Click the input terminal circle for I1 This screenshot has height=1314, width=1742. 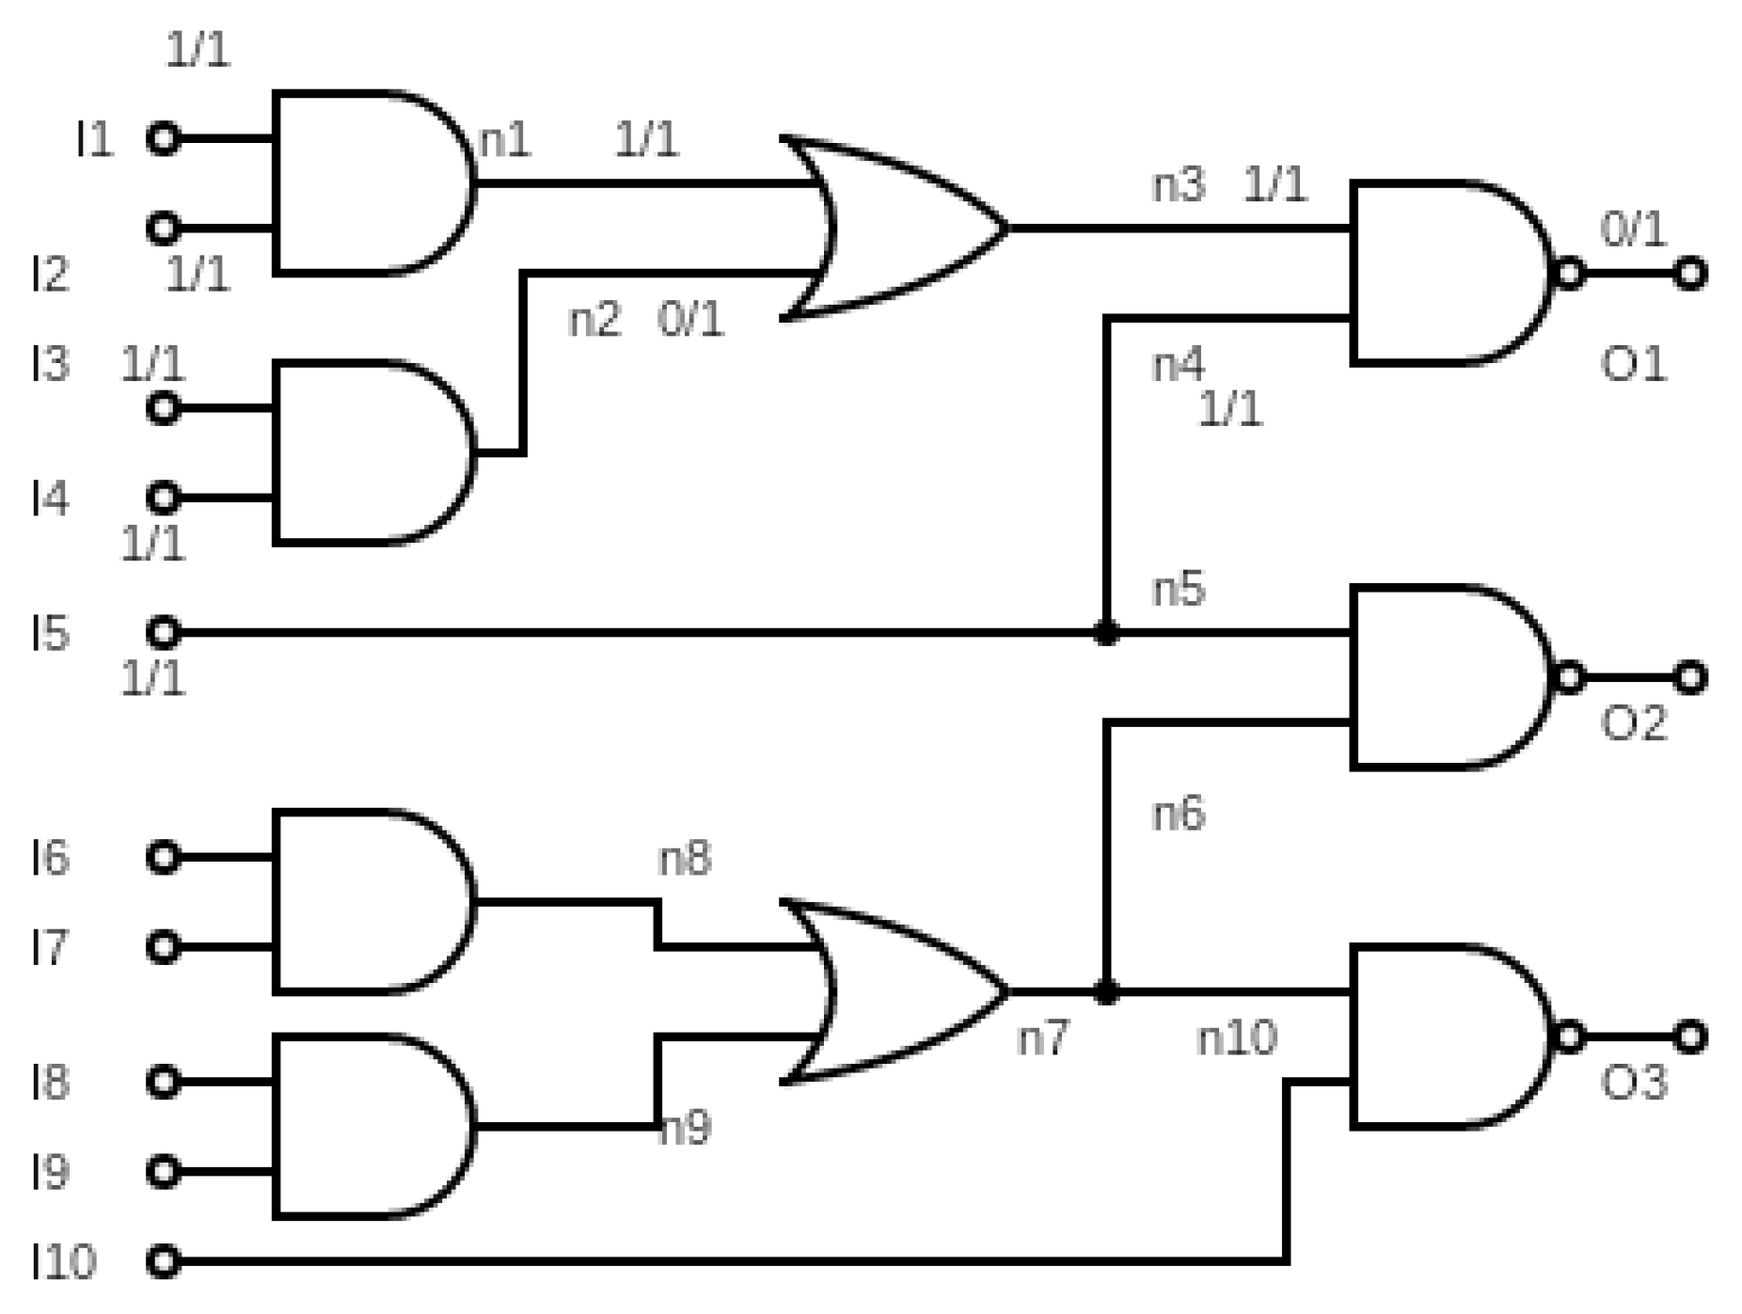tap(163, 138)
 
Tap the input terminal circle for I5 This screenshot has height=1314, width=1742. tap(163, 632)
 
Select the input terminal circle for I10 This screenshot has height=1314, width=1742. tap(163, 1260)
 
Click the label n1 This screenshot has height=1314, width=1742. tap(505, 141)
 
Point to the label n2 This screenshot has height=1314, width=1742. tap(594, 320)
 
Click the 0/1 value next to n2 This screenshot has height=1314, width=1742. tap(690, 320)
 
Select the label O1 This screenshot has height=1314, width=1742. tap(1633, 364)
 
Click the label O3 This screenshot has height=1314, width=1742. tap(1633, 1083)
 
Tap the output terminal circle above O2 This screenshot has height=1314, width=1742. tap(1689, 677)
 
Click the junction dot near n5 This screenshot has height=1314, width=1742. tap(1106, 633)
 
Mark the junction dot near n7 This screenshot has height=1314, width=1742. tap(1106, 992)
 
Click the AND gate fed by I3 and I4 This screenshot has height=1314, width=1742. tap(367, 452)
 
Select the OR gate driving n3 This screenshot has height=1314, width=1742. tap(894, 229)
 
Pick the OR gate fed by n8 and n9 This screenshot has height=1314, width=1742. tap(894, 992)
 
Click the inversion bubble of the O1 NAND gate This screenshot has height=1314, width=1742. tap(1569, 274)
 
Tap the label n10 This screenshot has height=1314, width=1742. tap(1236, 1038)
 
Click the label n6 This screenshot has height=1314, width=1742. tap(1178, 814)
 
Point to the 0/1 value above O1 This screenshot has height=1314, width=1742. tap(1633, 230)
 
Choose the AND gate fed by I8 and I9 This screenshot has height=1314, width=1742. tap(367, 1126)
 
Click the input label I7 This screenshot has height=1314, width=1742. tap(49, 947)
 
